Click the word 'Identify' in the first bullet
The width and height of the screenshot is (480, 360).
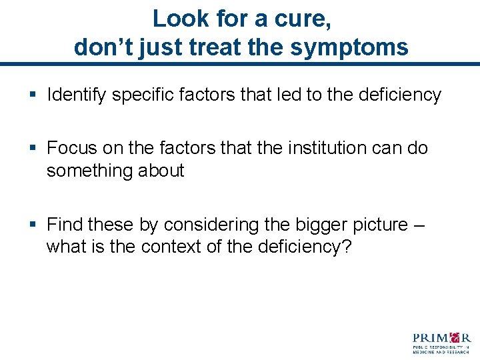coord(76,95)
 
